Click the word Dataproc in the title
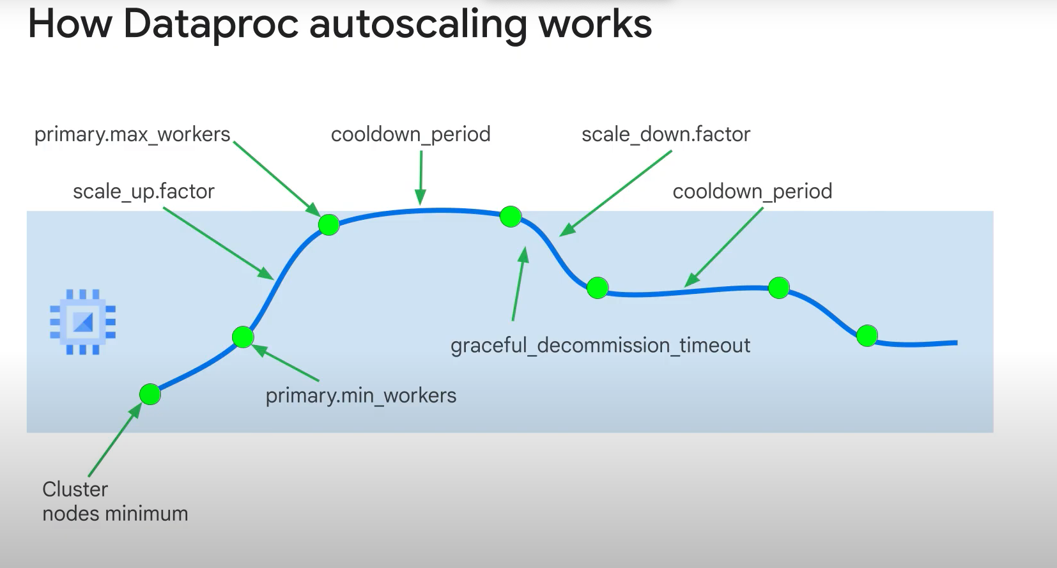(x=211, y=24)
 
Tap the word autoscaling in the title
(x=419, y=24)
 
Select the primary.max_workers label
(x=132, y=134)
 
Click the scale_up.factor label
(x=143, y=191)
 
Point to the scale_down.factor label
(x=665, y=134)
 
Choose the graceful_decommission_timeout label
(x=600, y=345)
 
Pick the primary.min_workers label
(x=360, y=395)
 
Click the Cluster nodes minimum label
(x=115, y=502)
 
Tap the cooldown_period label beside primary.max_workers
(x=410, y=134)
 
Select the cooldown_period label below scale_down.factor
(x=752, y=191)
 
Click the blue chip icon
(x=83, y=322)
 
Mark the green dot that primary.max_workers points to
(x=329, y=224)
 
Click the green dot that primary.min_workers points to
(x=243, y=337)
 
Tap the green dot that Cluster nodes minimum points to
(x=150, y=394)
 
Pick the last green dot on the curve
(x=867, y=335)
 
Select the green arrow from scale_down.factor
(x=616, y=194)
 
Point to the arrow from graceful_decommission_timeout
(x=518, y=284)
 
